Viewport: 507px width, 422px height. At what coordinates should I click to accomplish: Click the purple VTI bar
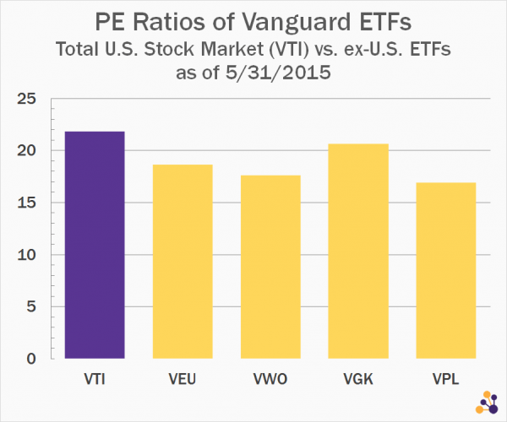pos(95,245)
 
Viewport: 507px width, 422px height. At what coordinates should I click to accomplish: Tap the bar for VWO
pos(270,267)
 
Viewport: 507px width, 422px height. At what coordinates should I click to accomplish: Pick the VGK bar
pos(358,251)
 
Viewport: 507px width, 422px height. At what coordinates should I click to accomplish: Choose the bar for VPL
pos(445,270)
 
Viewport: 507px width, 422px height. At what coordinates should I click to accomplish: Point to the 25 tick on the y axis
pos(30,99)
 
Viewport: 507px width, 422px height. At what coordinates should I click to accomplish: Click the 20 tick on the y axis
pos(30,150)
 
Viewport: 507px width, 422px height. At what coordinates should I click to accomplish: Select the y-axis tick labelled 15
pos(30,203)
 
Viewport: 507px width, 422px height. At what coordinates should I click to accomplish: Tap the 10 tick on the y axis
pos(30,255)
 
